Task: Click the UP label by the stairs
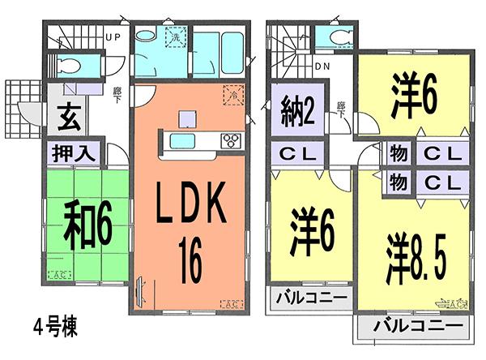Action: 113,37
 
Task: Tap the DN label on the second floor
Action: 322,66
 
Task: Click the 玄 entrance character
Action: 67,118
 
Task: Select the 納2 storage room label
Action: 298,109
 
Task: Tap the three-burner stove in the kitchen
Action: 231,141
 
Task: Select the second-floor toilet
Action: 335,38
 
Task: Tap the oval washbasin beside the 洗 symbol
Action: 147,37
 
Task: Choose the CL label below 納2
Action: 298,151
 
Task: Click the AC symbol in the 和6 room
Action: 58,275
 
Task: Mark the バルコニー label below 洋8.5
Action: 411,328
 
